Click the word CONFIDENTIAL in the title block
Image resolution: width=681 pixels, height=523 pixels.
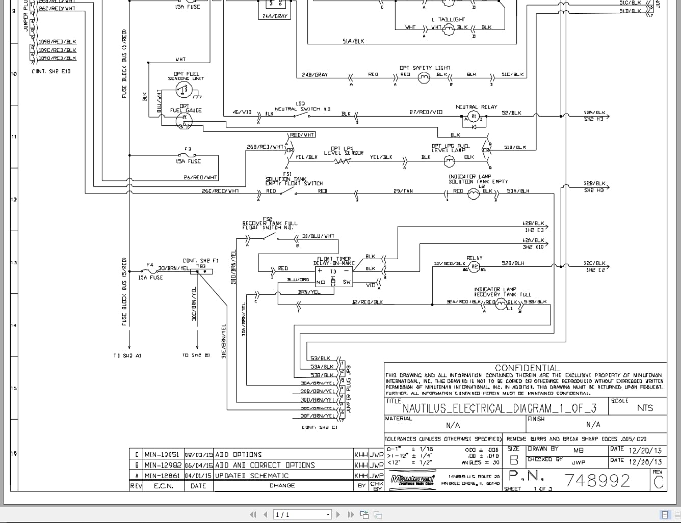point(527,368)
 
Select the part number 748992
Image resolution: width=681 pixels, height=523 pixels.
point(597,480)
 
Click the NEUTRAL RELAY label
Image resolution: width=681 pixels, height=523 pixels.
point(476,107)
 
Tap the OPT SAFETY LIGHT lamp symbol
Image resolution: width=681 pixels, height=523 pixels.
point(424,78)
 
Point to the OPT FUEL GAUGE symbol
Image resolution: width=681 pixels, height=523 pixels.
point(183,120)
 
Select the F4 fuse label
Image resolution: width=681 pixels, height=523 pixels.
point(149,265)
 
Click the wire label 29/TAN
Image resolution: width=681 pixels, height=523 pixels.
point(403,191)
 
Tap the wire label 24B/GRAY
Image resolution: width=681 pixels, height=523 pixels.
point(315,75)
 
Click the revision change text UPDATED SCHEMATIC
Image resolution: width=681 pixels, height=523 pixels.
point(251,476)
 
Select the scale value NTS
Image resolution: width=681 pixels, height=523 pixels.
point(644,408)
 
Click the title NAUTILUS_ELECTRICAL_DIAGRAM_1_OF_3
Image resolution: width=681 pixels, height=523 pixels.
point(499,408)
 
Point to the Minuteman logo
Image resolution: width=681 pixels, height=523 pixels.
point(412,479)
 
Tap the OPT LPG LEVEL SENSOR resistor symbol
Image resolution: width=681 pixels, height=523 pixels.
point(343,161)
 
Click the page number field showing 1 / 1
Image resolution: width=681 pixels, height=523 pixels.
point(302,514)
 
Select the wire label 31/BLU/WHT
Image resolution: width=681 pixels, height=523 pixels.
point(318,236)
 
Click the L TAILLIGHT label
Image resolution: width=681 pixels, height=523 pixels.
point(451,19)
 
